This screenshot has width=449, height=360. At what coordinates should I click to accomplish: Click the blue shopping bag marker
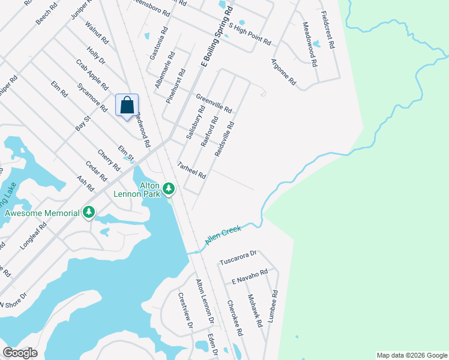(x=127, y=105)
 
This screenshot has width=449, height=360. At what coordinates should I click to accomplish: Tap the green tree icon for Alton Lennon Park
(x=169, y=190)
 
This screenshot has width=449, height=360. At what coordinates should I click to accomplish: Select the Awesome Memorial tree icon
(x=89, y=212)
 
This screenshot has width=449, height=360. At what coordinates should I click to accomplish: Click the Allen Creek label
(x=223, y=234)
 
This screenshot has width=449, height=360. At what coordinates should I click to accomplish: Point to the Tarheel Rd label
(x=192, y=170)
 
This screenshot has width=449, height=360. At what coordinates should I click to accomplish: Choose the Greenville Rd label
(x=214, y=104)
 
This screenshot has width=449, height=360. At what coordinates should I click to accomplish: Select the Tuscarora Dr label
(x=238, y=258)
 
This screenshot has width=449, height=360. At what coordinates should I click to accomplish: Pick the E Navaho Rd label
(x=249, y=277)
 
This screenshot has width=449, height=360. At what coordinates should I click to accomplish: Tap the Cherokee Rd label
(x=235, y=318)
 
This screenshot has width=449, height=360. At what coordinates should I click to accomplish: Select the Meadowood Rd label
(x=310, y=44)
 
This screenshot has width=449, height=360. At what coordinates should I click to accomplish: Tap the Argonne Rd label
(x=283, y=71)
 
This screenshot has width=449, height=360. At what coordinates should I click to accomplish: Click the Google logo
(x=20, y=353)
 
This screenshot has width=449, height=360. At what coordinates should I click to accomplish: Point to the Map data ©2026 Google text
(x=411, y=355)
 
